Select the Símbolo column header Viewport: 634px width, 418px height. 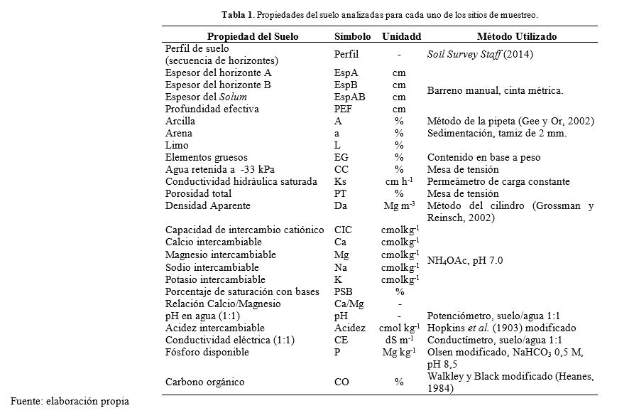click(x=351, y=36)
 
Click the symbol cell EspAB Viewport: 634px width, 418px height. click(x=349, y=97)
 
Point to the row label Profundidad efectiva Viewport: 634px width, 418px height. click(x=212, y=109)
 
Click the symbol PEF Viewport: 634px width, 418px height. click(x=343, y=109)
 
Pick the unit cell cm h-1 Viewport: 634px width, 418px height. click(x=400, y=181)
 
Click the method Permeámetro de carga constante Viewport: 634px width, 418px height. click(x=498, y=181)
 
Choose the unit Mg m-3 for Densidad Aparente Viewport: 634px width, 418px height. click(x=400, y=205)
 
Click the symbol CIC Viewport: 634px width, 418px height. click(x=343, y=230)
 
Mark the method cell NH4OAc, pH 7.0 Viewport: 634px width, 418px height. click(x=465, y=260)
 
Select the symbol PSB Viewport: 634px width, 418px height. click(x=343, y=291)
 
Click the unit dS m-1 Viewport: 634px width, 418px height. click(x=400, y=340)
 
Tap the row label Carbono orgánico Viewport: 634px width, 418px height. click(x=205, y=382)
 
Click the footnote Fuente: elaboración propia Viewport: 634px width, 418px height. click(x=68, y=400)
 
